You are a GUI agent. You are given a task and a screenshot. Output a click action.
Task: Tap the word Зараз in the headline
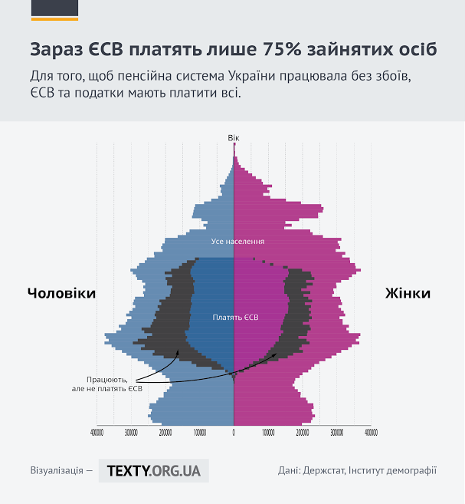tap(56, 50)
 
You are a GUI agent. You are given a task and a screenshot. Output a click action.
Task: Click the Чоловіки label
tap(62, 293)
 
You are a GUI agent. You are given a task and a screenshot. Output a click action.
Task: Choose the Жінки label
tap(407, 293)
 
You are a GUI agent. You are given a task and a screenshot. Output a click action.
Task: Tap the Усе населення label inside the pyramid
tap(233, 242)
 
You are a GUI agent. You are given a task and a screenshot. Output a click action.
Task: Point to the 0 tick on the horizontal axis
tap(234, 432)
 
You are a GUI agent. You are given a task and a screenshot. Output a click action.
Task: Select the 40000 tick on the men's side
tap(97, 432)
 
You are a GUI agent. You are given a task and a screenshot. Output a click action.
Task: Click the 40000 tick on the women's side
tap(371, 432)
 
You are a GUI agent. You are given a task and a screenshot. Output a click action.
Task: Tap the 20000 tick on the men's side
tap(165, 432)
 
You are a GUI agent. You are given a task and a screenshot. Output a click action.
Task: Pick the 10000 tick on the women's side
tap(268, 432)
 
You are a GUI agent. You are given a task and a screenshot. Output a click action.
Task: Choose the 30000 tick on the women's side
tap(336, 432)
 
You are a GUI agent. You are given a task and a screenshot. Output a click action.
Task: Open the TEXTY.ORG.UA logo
tap(154, 470)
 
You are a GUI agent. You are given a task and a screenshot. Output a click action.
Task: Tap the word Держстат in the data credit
tap(323, 470)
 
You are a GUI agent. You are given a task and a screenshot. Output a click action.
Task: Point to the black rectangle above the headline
tap(54, 8)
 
